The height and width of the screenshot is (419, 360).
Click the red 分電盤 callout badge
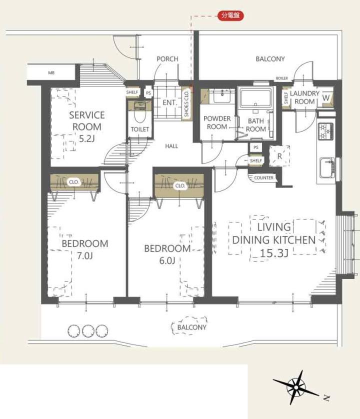[230, 16]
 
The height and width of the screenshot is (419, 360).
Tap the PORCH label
[167, 59]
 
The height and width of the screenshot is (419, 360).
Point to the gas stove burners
[326, 131]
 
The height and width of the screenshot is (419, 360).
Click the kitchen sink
[327, 168]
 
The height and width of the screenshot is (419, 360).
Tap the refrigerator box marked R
[279, 156]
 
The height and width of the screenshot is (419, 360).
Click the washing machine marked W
[326, 97]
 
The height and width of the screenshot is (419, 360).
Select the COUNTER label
[263, 177]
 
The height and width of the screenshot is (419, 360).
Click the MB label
[51, 72]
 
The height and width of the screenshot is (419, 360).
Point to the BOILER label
[281, 78]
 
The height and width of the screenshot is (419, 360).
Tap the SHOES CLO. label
[187, 104]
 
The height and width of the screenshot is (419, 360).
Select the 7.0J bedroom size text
[84, 256]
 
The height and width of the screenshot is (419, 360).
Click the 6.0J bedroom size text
[167, 261]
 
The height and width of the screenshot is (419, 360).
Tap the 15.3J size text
[274, 253]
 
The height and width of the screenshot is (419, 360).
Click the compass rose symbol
[296, 387]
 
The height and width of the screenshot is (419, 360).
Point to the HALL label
[171, 146]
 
